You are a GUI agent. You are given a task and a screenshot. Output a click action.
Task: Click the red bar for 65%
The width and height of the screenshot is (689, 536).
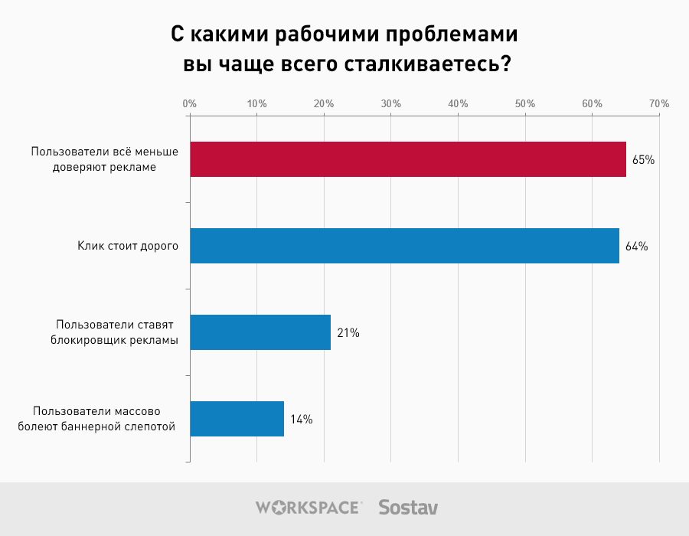[407, 159]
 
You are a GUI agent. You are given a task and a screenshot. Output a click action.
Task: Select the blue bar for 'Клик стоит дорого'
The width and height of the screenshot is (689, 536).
[404, 246]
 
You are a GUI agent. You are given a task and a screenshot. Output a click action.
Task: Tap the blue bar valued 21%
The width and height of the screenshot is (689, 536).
[260, 332]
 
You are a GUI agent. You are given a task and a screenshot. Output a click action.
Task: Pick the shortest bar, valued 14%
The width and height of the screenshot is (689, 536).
[237, 419]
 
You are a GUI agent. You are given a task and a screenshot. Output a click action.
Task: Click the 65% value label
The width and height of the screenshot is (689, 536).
[643, 160]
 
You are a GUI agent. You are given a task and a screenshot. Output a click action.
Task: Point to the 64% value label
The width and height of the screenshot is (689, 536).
[637, 247]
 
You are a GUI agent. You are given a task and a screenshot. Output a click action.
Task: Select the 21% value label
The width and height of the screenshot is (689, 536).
[348, 333]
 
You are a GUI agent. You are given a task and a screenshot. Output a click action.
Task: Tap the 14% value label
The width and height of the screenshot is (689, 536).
[301, 420]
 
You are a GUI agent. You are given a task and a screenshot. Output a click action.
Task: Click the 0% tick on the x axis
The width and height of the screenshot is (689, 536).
[190, 103]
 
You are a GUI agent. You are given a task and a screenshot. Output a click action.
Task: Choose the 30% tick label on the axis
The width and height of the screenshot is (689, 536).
[391, 103]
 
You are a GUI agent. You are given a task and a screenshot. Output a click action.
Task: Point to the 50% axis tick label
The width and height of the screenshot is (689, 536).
[525, 103]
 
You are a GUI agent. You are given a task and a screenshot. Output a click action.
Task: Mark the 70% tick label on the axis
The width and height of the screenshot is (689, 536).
[659, 103]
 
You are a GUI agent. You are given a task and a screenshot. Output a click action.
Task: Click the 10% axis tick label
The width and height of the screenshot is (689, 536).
[256, 103]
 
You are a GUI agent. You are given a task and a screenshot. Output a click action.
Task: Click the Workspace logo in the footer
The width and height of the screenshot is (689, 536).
[308, 507]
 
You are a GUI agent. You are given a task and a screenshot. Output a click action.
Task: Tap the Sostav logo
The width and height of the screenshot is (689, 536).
[408, 507]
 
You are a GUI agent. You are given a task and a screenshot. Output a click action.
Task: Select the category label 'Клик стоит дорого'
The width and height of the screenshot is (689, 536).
[128, 247]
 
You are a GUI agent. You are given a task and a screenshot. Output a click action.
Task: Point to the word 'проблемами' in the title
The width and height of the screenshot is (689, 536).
[452, 36]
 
